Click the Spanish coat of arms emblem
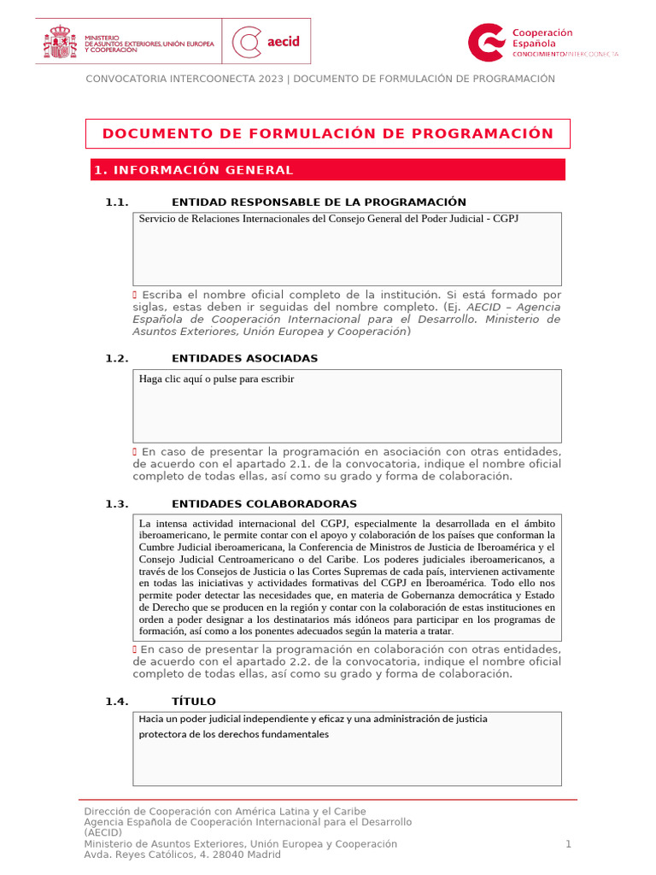click(x=60, y=41)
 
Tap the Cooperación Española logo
click(x=543, y=42)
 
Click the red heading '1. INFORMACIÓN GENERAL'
click(x=193, y=170)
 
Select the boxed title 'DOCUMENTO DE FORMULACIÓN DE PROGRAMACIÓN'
click(x=328, y=134)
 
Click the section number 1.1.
click(x=117, y=203)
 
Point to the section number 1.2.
click(x=117, y=359)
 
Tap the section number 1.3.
click(x=117, y=504)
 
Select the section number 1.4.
click(x=117, y=702)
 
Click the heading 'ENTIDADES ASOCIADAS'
click(x=244, y=359)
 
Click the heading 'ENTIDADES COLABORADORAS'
click(x=264, y=504)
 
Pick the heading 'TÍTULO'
click(x=194, y=702)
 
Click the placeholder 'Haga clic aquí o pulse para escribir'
click(x=216, y=379)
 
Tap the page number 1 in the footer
click(x=568, y=844)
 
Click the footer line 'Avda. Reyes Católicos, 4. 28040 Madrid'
click(x=182, y=854)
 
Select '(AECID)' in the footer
click(x=102, y=833)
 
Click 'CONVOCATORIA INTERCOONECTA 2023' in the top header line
click(x=184, y=79)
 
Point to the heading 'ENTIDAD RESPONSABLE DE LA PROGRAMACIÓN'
click(x=319, y=203)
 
